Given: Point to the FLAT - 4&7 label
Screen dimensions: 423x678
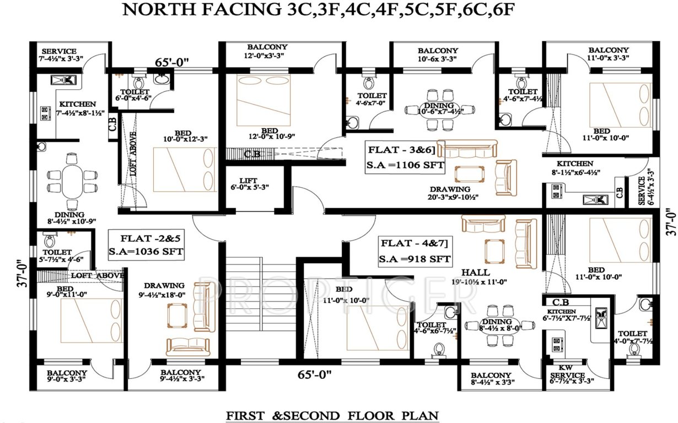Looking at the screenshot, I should point(415,243).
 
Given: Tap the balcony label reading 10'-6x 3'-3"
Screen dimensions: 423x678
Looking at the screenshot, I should point(438,54).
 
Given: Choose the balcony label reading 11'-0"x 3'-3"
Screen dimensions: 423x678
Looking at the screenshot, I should point(608,54).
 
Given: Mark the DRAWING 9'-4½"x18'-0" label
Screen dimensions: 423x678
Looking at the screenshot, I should point(164,289).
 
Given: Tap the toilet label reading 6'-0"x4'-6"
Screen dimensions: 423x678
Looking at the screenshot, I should point(134,95).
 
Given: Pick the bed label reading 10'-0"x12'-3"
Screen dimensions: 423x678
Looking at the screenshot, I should point(183,136).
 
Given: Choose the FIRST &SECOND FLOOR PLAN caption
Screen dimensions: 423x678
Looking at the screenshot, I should point(332,414).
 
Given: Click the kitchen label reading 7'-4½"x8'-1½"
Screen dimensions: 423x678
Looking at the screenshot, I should point(78,107).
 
